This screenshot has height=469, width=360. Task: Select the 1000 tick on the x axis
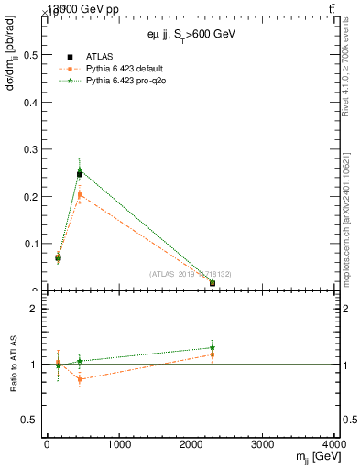(x=118, y=445)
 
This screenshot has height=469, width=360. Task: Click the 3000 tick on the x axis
(x=263, y=445)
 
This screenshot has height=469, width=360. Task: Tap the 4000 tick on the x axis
(x=333, y=445)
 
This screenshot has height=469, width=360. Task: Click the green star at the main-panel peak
(x=80, y=169)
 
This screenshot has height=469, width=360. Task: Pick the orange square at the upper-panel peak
(x=80, y=194)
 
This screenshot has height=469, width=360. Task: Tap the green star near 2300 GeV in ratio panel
(x=213, y=348)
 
